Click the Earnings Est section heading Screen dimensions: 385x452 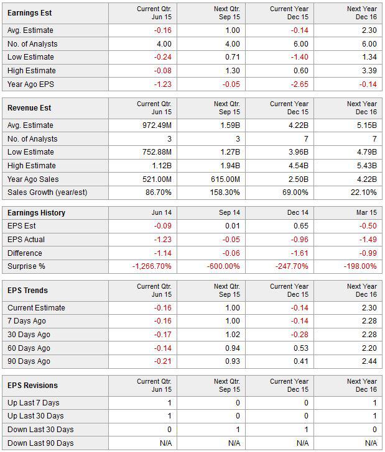29,13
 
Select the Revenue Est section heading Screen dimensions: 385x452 29,108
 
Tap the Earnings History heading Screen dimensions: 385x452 37,213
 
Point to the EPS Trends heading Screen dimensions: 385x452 27,291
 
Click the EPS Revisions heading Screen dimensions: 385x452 32,386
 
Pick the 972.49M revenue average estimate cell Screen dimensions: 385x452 157,125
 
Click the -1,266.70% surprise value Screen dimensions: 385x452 152,266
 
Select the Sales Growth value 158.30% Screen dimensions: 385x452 225,192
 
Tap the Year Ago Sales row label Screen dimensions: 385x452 33,179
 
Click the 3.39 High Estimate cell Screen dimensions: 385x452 369,71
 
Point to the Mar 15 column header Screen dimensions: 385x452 366,213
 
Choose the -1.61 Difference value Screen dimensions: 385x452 300,253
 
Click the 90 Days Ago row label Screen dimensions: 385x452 29,361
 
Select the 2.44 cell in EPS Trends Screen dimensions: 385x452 369,361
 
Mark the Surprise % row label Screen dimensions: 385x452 26,266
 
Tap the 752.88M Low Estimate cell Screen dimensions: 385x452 157,152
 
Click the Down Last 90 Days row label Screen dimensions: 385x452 40,443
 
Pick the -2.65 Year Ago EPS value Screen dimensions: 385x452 300,84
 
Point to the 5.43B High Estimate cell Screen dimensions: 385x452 367,165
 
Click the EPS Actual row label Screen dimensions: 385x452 26,240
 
